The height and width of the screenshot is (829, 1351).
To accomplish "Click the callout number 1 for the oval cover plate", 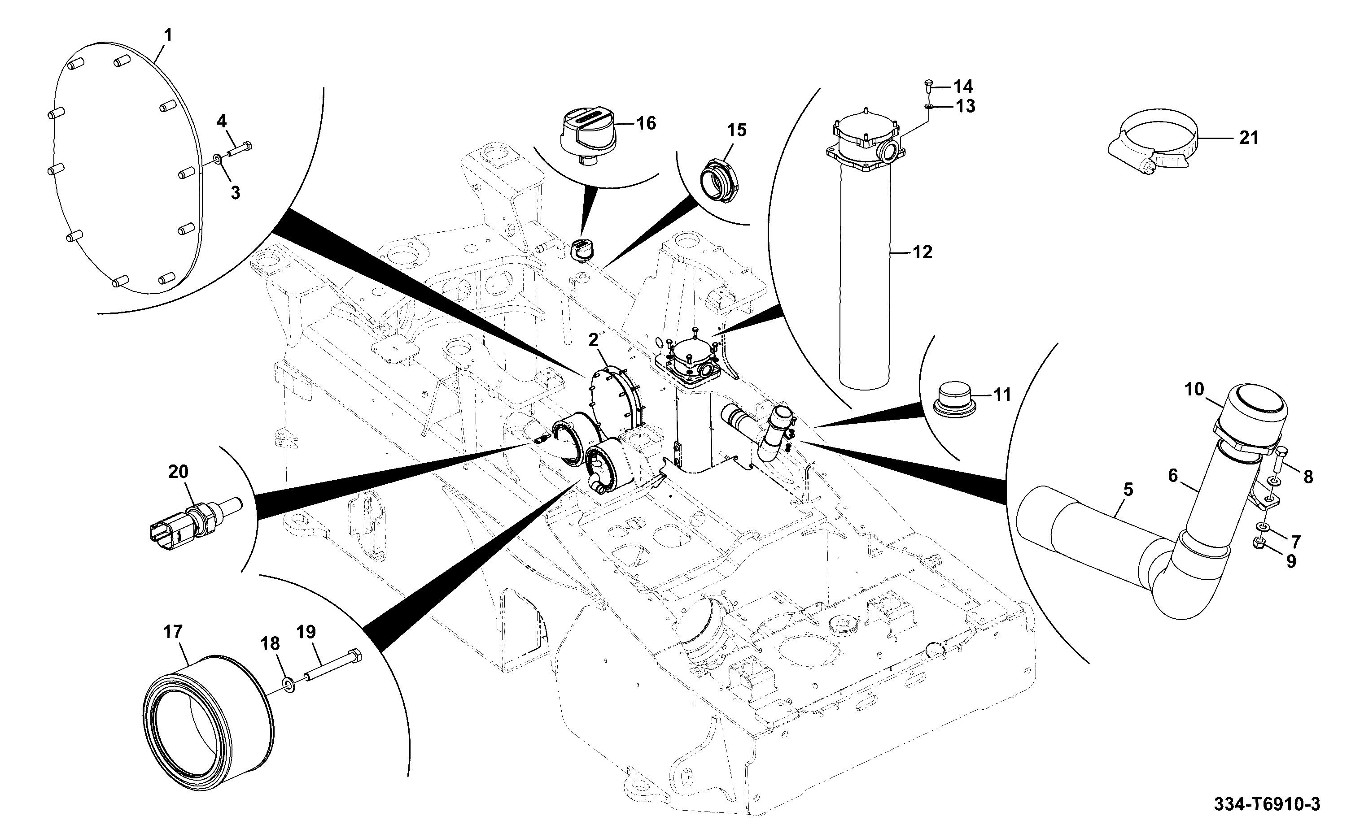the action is (168, 36).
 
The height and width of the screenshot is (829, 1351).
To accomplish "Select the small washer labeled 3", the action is (217, 160).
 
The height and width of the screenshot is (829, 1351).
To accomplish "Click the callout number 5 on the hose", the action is (1128, 490).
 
